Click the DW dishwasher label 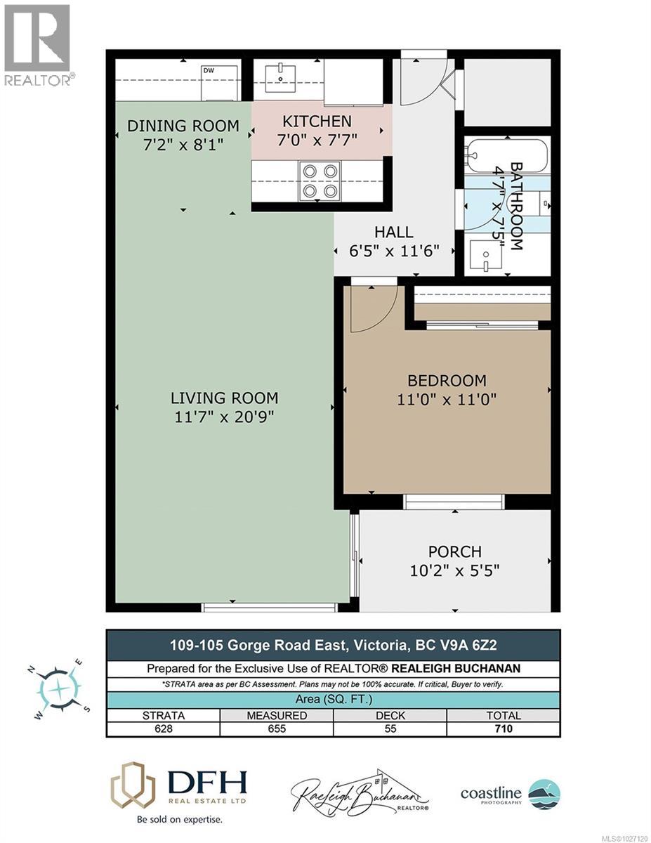point(209,70)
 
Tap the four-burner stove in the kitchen point(320,180)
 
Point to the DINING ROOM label point(183,126)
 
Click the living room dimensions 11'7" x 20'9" point(224,417)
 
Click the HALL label point(393,232)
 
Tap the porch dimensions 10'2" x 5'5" point(455,570)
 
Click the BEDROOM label point(447,381)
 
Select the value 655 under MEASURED point(277,728)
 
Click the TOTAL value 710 point(503,728)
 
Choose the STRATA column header point(163,715)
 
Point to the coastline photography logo point(511,794)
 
